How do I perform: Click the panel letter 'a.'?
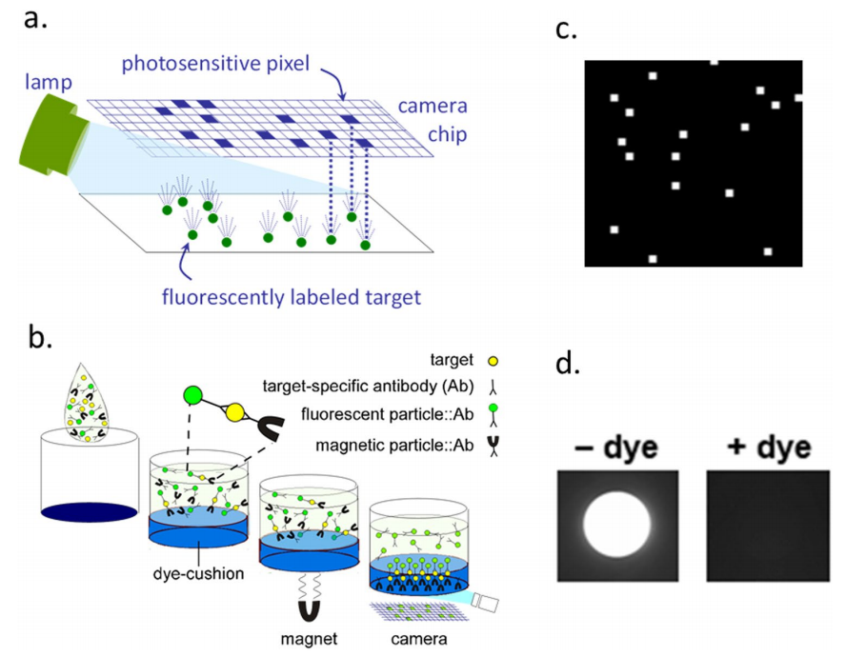pos(36,19)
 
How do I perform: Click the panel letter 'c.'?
pos(568,30)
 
